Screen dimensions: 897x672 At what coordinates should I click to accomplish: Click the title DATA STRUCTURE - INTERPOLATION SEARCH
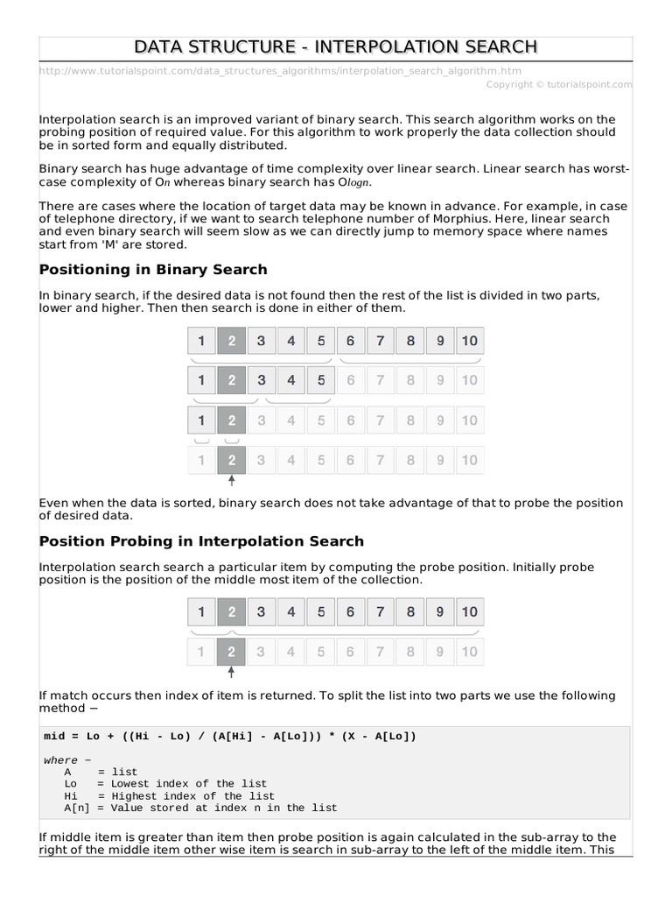tap(336, 46)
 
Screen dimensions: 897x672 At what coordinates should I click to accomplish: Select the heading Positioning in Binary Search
tap(153, 269)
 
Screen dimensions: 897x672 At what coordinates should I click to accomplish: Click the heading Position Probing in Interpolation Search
tap(201, 541)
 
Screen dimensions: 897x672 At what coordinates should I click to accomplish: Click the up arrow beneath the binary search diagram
tap(231, 480)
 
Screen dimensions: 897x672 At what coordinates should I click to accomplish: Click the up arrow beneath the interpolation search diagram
tap(231, 673)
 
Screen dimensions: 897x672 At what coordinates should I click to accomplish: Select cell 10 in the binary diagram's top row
tap(469, 341)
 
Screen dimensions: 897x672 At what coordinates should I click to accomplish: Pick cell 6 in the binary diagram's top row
tap(350, 341)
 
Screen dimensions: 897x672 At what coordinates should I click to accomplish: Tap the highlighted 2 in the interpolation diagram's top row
tap(231, 612)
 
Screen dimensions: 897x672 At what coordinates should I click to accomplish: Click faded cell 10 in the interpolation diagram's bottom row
tap(469, 652)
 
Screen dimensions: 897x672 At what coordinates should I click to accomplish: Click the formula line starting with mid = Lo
tap(230, 737)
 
